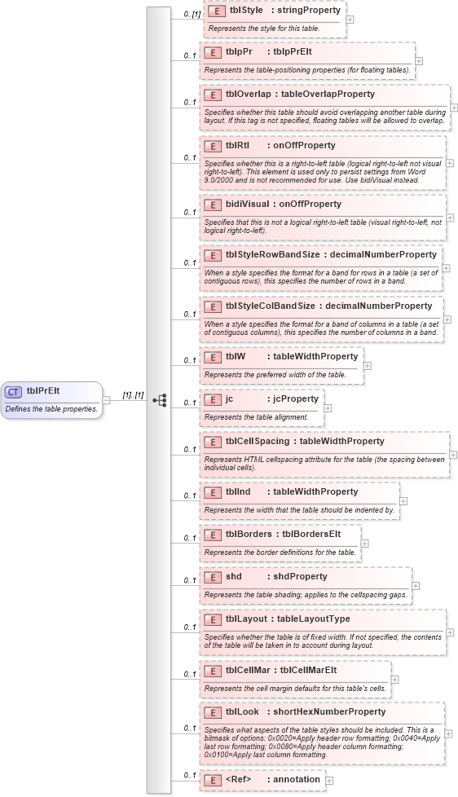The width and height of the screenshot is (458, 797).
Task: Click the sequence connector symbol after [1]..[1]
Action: click(161, 400)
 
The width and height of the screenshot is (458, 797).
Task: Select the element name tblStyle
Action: click(246, 11)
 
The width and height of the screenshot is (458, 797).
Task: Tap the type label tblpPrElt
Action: click(292, 51)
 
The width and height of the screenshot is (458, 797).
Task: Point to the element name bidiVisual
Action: click(247, 204)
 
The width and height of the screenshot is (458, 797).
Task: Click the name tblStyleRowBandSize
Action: click(272, 254)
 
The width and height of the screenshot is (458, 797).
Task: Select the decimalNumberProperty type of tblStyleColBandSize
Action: click(379, 306)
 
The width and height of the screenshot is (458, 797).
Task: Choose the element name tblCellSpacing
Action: click(258, 441)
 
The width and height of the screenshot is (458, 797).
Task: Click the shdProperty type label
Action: click(300, 576)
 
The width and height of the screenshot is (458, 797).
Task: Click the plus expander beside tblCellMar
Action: click(395, 678)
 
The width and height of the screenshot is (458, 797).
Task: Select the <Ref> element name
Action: click(239, 780)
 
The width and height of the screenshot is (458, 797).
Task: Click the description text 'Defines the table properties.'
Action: click(51, 408)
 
